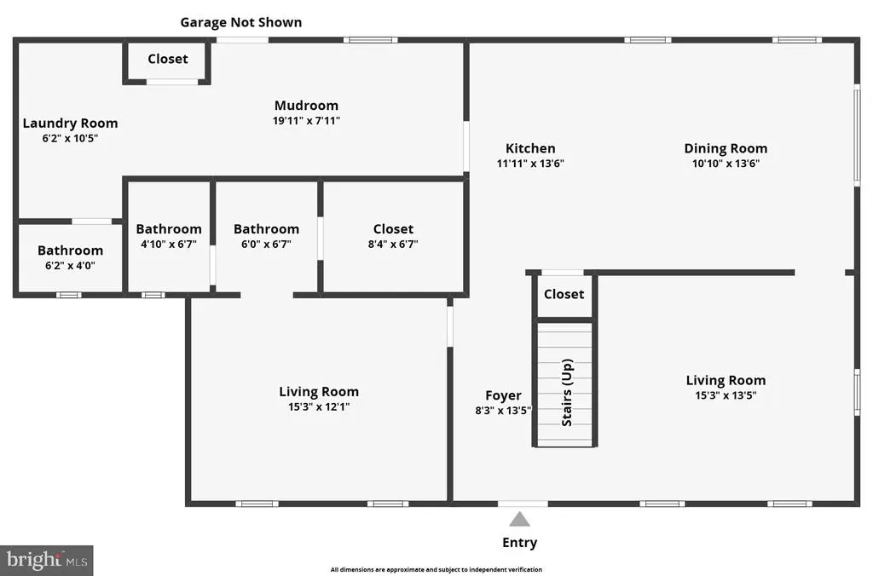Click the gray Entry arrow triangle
coord(519,520)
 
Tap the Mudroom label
coord(306,105)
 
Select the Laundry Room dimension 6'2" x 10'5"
coord(70,138)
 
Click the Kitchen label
coord(530,148)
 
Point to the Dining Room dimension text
coord(726,163)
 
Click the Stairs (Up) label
coord(567,392)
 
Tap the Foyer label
coord(503,395)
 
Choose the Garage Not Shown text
coord(241,22)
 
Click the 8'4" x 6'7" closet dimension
coord(393,244)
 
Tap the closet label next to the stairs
coord(564,294)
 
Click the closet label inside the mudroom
coord(168,59)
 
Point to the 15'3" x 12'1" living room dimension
coord(319,406)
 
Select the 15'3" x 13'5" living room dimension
coord(726,395)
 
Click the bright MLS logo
coord(47,560)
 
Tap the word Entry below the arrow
coord(519,543)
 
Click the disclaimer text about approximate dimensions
coord(436,569)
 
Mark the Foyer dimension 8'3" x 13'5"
coord(503,410)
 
